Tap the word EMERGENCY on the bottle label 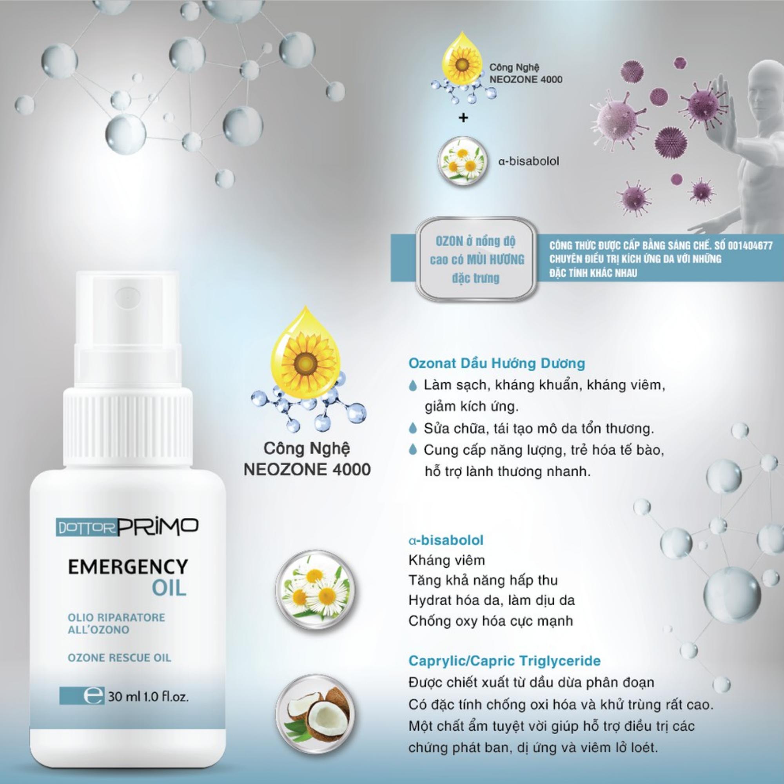point(128,567)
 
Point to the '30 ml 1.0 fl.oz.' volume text point(148,697)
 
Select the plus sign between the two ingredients point(463,118)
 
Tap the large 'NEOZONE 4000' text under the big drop point(307,470)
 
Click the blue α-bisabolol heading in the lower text point(446,541)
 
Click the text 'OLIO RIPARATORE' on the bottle point(116,618)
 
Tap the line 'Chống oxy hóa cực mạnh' point(491,621)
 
